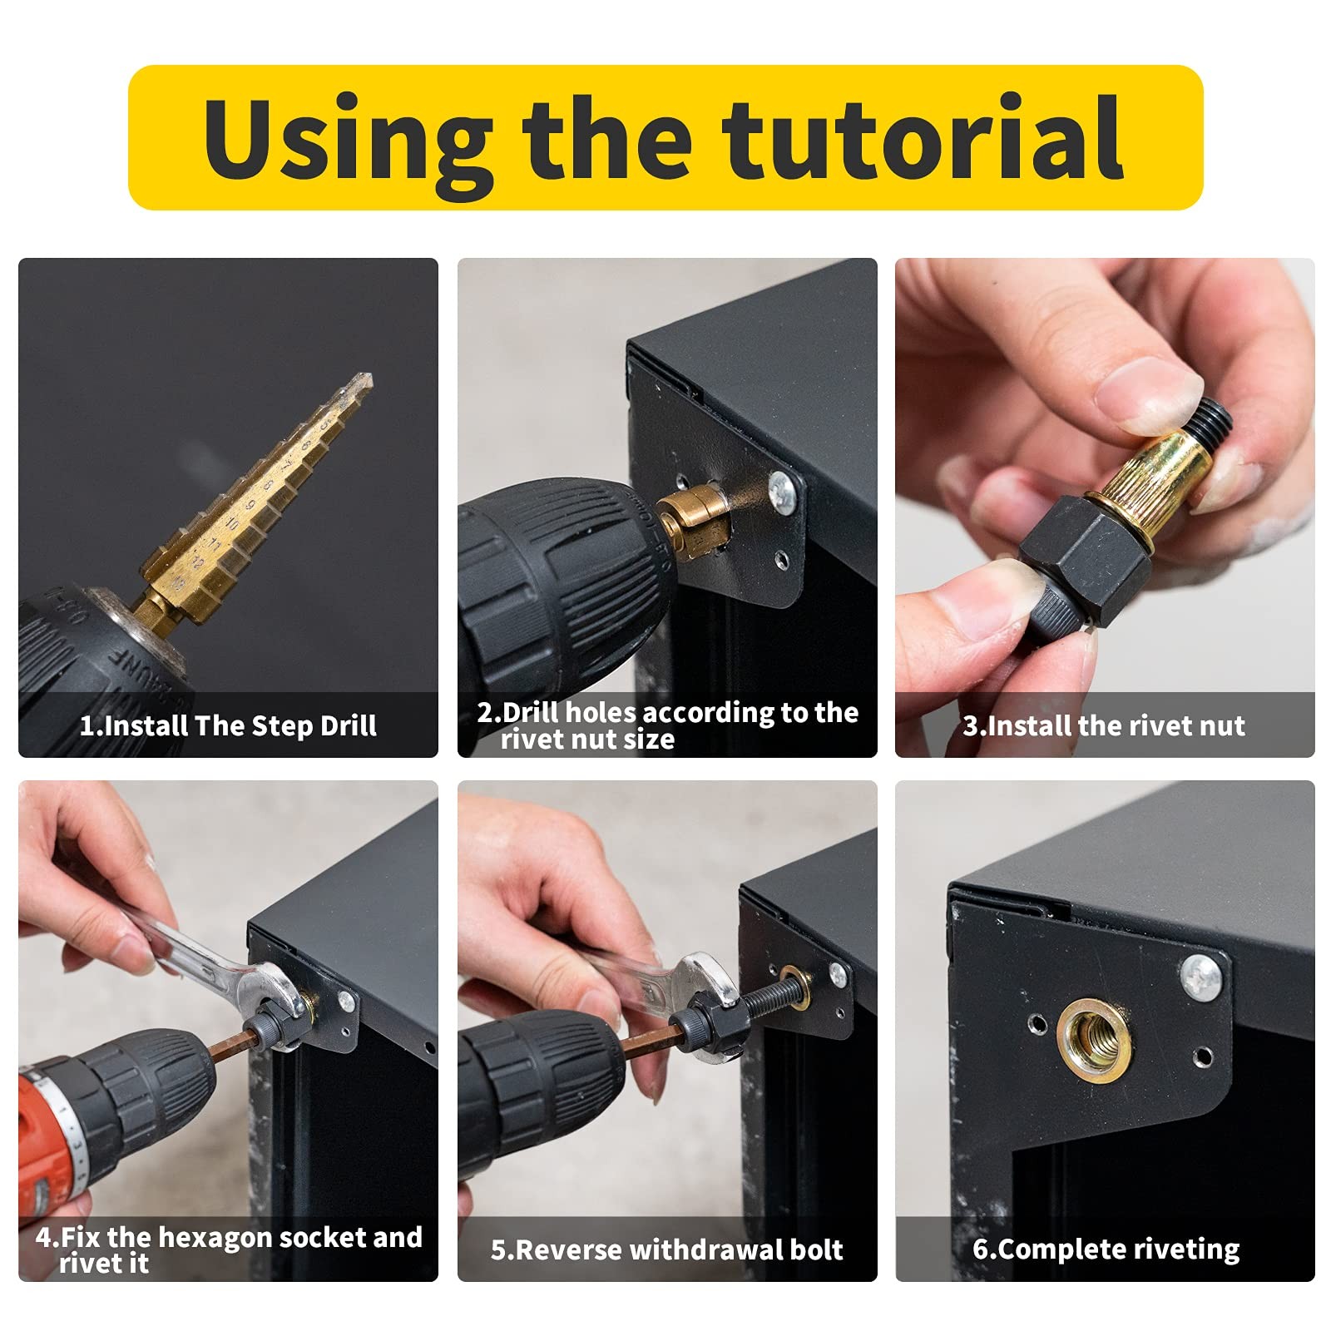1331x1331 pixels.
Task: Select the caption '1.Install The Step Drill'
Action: (x=228, y=725)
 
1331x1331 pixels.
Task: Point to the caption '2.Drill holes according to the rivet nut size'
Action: (x=667, y=725)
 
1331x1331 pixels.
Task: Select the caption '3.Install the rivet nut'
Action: (x=1104, y=725)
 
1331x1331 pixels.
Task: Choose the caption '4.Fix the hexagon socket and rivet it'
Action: (x=228, y=1249)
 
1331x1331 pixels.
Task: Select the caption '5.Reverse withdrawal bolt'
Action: (x=666, y=1249)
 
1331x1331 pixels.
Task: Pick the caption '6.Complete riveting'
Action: (x=1106, y=1249)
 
